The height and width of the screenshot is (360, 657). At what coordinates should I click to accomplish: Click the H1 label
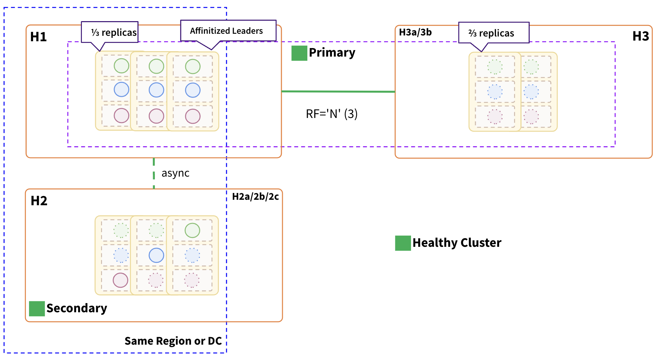38,37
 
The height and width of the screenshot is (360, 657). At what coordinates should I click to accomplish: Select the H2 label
39,201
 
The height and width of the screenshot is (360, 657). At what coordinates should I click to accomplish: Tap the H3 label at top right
640,36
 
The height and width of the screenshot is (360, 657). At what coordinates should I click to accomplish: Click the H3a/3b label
415,32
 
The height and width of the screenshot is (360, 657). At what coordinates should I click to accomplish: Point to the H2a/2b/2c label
255,197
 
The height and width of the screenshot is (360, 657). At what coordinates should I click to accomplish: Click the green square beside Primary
299,53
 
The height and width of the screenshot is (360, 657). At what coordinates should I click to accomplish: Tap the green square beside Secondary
37,309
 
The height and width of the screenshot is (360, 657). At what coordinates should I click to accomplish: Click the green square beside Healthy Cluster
403,243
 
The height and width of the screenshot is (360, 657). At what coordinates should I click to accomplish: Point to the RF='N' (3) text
331,114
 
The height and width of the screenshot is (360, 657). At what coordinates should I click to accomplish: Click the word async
175,173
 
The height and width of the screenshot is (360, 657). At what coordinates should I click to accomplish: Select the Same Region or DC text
173,341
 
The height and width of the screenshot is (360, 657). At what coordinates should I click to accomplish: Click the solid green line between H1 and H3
338,91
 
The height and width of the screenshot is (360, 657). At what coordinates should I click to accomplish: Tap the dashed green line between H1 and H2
154,173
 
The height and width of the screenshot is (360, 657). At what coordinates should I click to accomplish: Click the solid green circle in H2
192,230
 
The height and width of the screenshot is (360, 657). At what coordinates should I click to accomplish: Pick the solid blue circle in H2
156,255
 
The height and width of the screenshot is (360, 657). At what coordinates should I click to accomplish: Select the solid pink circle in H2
120,280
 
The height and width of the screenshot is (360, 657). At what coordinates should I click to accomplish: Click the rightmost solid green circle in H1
192,66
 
